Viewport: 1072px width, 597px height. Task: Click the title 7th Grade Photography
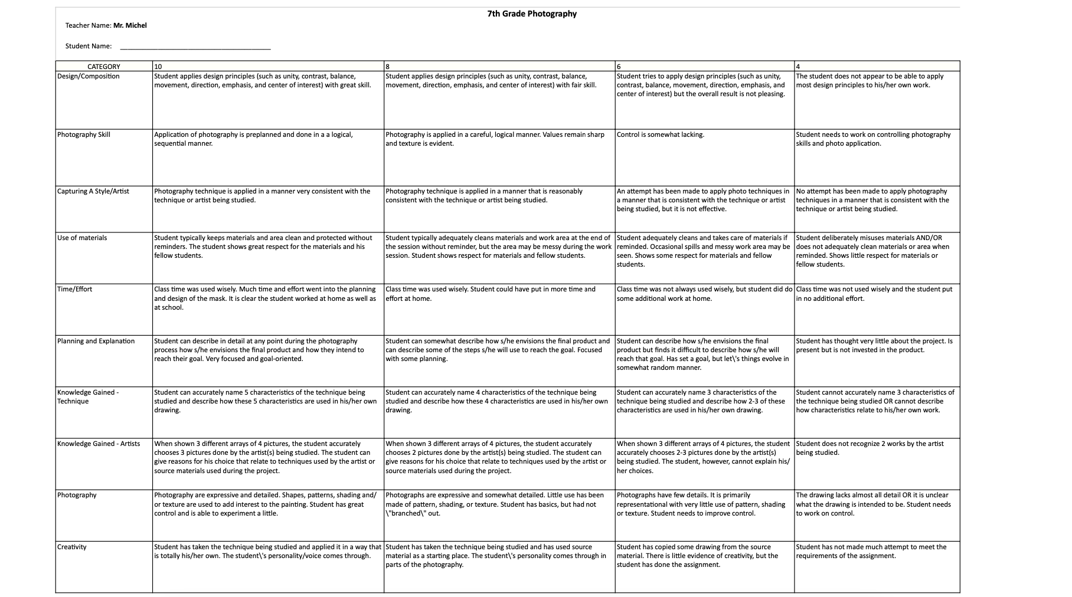[x=532, y=14]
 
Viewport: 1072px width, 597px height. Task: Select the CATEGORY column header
[x=104, y=67]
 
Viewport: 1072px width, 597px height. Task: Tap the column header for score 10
[x=158, y=67]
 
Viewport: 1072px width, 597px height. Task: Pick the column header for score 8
[x=388, y=67]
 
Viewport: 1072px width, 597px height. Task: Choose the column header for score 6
[x=619, y=67]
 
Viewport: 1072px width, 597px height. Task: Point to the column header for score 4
[x=798, y=67]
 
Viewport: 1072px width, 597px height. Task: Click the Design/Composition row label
[x=89, y=76]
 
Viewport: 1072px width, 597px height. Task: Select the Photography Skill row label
[x=84, y=135]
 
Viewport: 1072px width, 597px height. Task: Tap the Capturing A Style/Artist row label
[x=93, y=191]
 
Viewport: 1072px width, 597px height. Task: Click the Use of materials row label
[x=83, y=238]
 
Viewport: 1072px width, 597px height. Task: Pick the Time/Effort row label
[x=75, y=289]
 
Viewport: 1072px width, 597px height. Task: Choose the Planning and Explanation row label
[x=96, y=341]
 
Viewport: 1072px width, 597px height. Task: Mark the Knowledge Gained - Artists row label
[x=99, y=444]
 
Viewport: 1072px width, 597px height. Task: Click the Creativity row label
[x=72, y=547]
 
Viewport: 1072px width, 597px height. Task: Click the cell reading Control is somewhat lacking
[x=661, y=135]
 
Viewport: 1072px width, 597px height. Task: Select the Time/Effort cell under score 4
[x=874, y=294]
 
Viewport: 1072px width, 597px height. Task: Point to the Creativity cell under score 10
[x=267, y=551]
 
